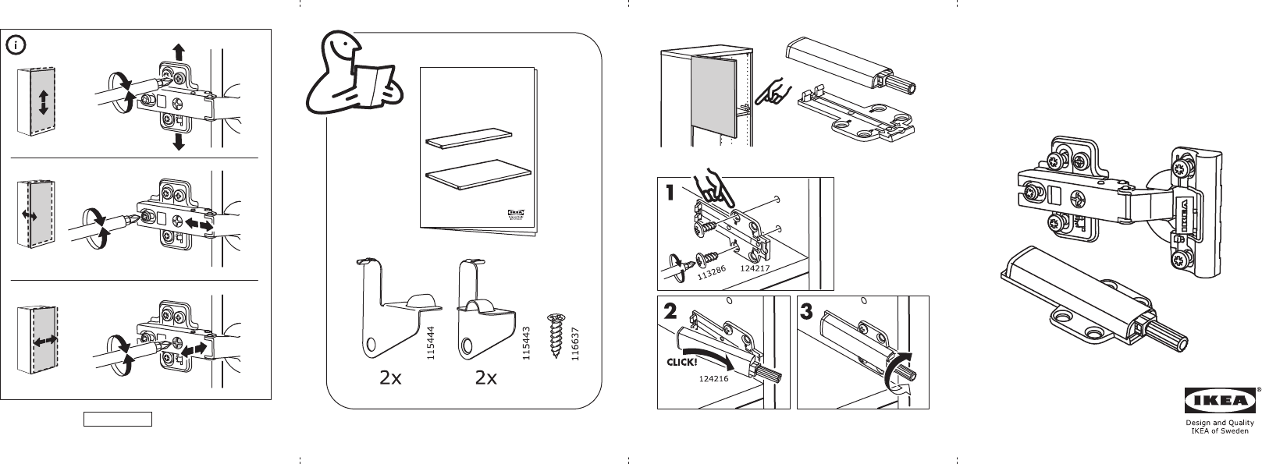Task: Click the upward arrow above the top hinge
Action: pyautogui.click(x=178, y=53)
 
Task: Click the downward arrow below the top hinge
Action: pyautogui.click(x=178, y=140)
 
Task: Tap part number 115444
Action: pyautogui.click(x=429, y=343)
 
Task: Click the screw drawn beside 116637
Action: pyautogui.click(x=556, y=336)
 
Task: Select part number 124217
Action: pyautogui.click(x=755, y=269)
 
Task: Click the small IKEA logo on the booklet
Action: pyautogui.click(x=517, y=212)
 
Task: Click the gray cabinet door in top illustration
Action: pyautogui.click(x=714, y=97)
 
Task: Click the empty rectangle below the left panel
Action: pyautogui.click(x=118, y=420)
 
